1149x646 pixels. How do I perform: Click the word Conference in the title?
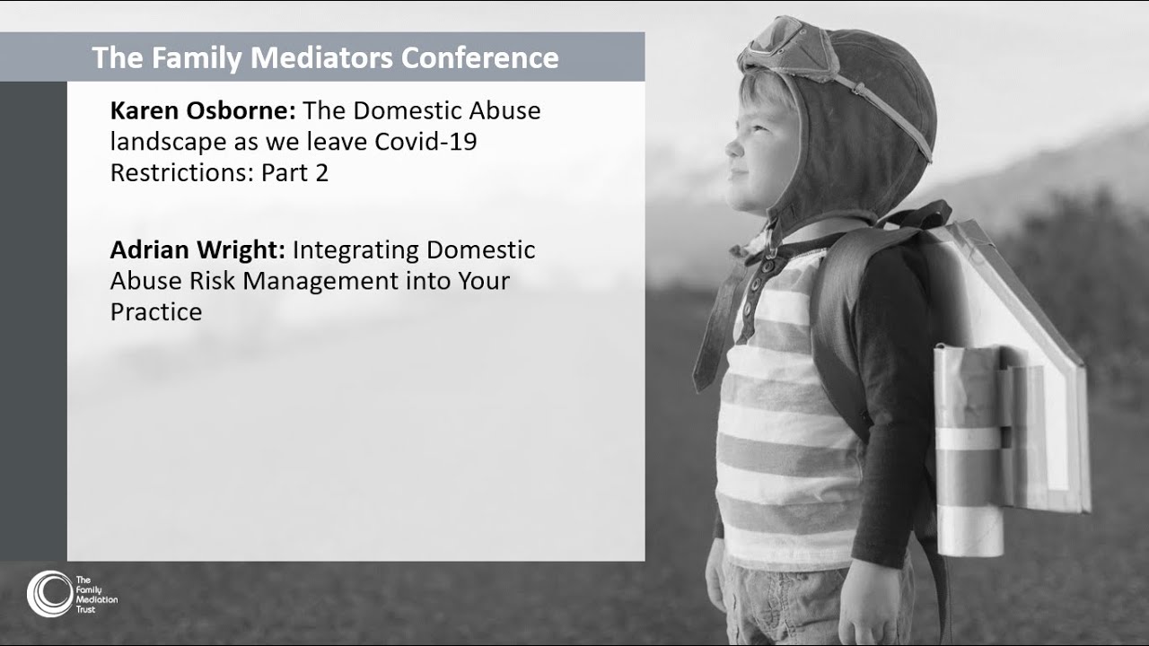click(x=479, y=57)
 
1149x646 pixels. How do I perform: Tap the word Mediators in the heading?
click(x=321, y=57)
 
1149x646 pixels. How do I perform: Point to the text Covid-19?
click(x=425, y=142)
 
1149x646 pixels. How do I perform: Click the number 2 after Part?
click(x=321, y=173)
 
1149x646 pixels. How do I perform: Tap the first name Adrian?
click(x=150, y=249)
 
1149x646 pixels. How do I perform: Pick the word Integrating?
click(x=355, y=250)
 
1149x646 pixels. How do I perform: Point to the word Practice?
click(x=156, y=311)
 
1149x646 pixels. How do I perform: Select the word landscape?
click(x=168, y=143)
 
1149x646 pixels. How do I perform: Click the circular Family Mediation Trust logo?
click(x=49, y=594)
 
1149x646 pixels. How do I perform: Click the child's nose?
click(x=733, y=147)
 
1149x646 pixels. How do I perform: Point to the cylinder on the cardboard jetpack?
click(x=969, y=451)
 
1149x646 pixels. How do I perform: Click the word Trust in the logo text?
click(x=85, y=609)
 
